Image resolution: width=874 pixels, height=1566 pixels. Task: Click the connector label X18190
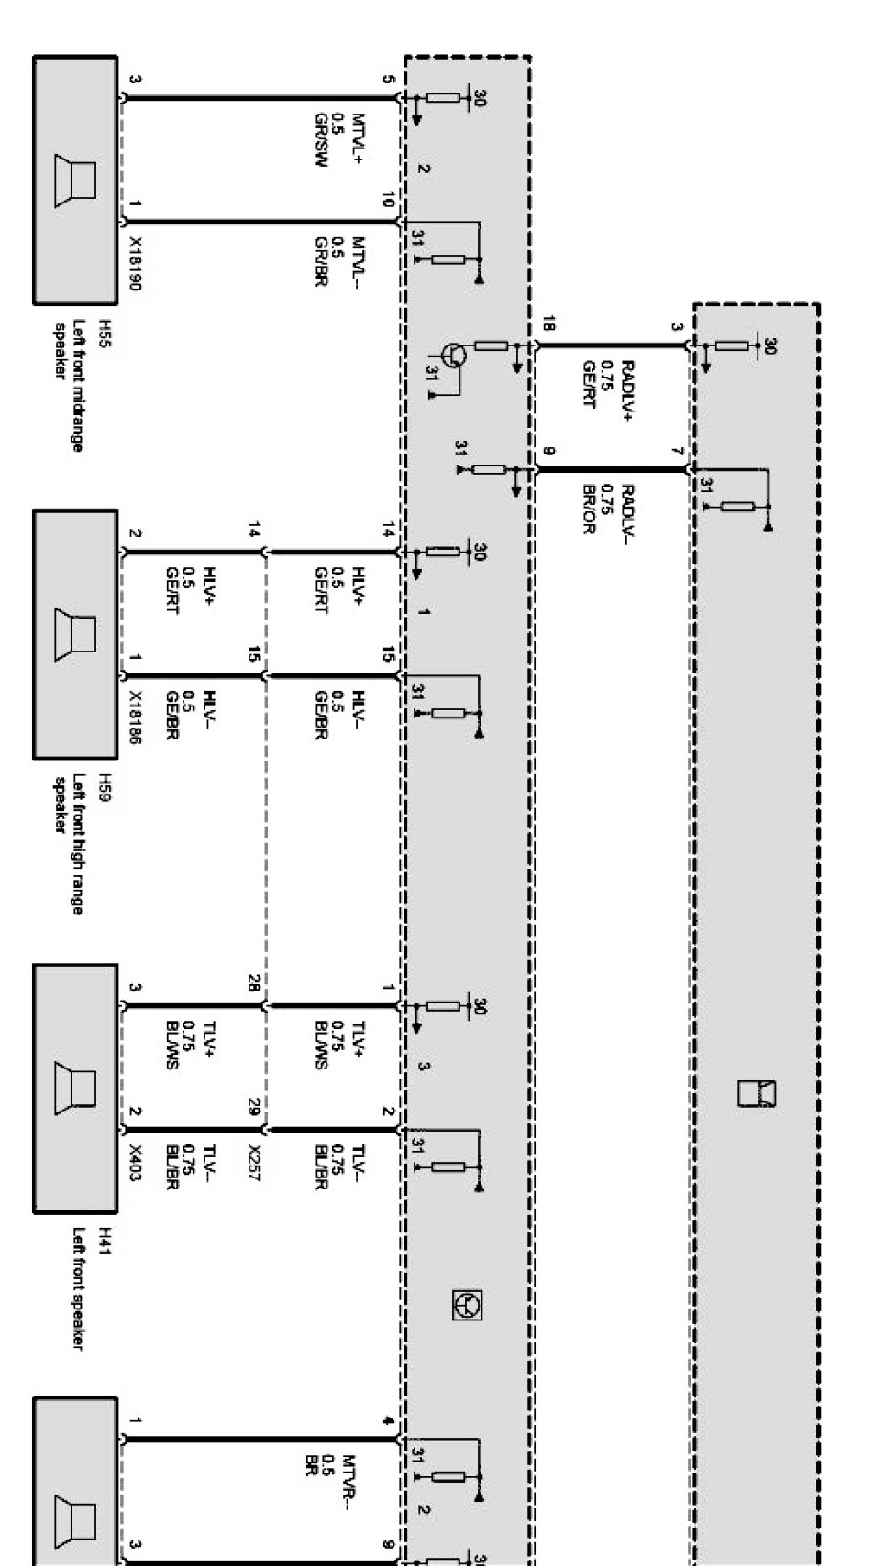[x=134, y=265]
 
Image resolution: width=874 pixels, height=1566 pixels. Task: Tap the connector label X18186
[x=134, y=718]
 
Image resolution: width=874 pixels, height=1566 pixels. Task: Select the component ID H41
[x=105, y=1236]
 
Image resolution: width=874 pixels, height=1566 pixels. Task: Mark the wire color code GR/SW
[x=321, y=140]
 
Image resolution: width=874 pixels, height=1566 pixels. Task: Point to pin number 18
[x=548, y=323]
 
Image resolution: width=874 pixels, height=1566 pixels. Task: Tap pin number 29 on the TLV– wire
[x=253, y=1107]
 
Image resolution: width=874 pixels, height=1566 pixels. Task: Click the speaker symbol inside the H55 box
[x=74, y=180]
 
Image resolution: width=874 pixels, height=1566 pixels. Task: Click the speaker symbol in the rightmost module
[x=757, y=1093]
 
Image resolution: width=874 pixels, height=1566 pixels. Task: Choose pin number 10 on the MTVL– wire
[x=388, y=200]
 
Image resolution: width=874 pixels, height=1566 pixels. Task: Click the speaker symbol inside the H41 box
[x=74, y=1088]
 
